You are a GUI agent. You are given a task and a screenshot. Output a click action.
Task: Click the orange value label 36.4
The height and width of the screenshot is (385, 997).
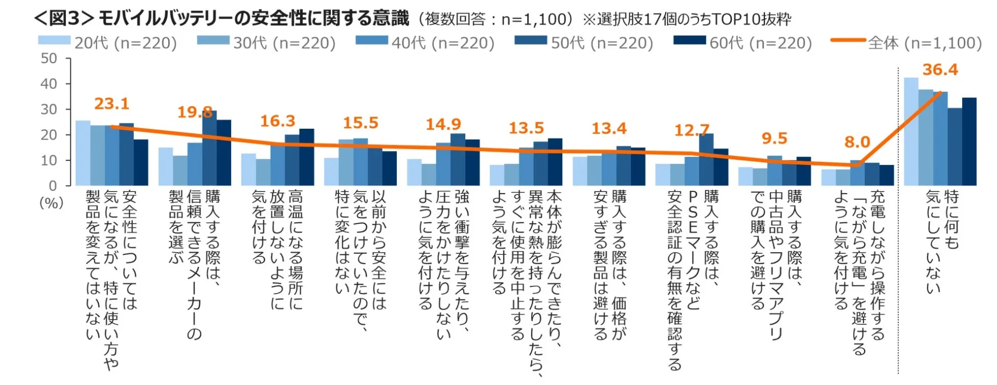tap(940, 70)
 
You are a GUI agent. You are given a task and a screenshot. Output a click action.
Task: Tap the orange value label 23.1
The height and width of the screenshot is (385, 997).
tap(112, 104)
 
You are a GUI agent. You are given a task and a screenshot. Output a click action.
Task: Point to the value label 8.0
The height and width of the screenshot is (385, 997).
tap(857, 142)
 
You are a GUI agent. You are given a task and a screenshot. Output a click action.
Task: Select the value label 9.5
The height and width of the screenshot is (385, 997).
tap(774, 139)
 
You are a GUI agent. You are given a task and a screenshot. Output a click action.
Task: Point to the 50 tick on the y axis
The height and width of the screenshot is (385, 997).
tap(49, 59)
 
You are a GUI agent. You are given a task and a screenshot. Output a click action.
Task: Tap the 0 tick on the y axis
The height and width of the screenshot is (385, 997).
tap(52, 186)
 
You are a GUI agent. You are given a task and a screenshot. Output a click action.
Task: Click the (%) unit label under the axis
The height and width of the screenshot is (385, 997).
tap(51, 203)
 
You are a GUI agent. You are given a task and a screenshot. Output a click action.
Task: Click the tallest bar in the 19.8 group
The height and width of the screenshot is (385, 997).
tap(209, 148)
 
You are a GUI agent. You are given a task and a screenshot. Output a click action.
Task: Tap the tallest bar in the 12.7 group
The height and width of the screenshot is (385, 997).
tap(706, 160)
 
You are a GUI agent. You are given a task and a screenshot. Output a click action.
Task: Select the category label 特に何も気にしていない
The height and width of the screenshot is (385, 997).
tap(942, 241)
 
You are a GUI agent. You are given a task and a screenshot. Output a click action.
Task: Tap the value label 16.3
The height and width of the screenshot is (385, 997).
tap(277, 121)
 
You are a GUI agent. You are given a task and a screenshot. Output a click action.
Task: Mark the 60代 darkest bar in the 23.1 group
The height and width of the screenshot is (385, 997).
tap(141, 162)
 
